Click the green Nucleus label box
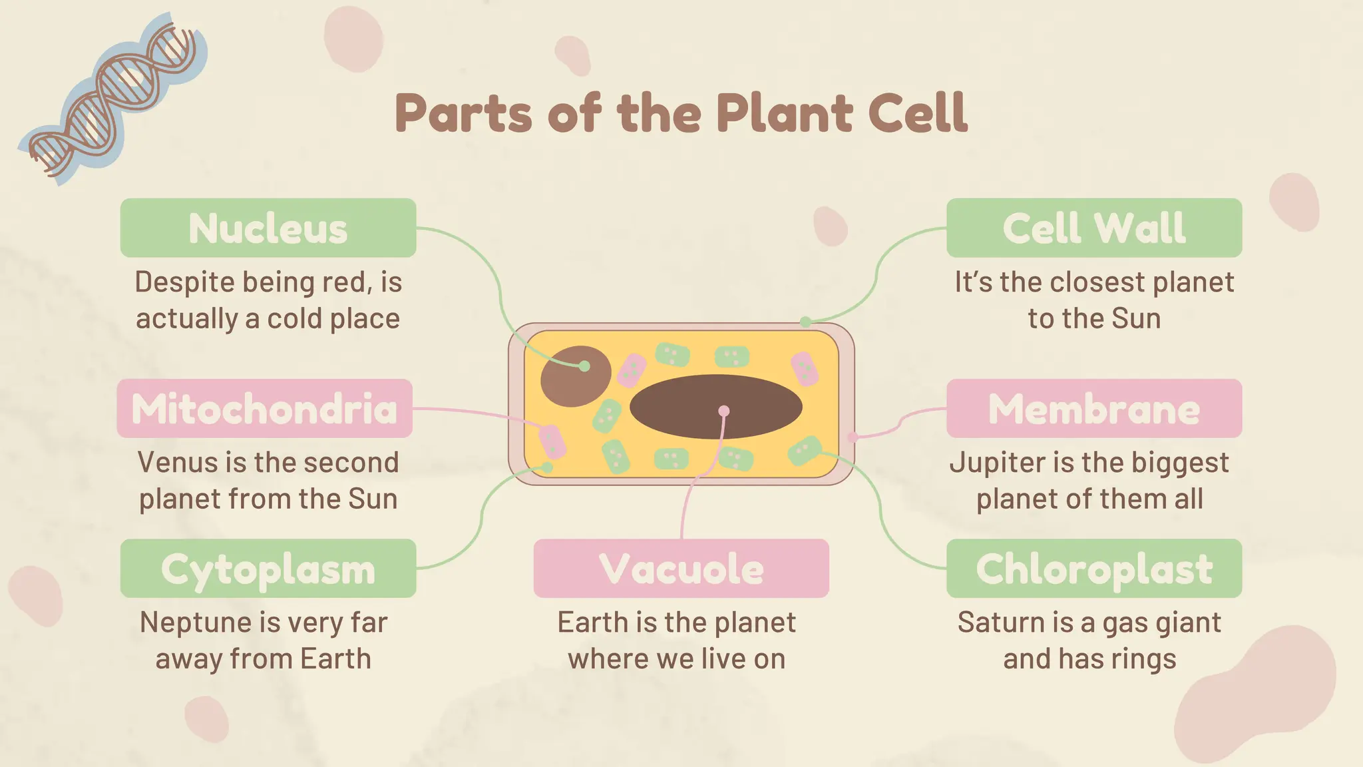(x=268, y=228)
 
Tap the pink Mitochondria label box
(x=264, y=408)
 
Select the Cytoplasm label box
(x=268, y=569)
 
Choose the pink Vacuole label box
(x=681, y=569)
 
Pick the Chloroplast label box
(x=1094, y=569)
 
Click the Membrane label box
(x=1094, y=408)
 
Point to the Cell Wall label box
(x=1094, y=228)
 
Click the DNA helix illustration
(x=113, y=100)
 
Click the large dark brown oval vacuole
(x=715, y=406)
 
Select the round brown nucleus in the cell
(x=575, y=376)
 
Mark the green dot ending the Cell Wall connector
(x=805, y=322)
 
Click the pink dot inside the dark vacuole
(x=724, y=411)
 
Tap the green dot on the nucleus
(x=584, y=366)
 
